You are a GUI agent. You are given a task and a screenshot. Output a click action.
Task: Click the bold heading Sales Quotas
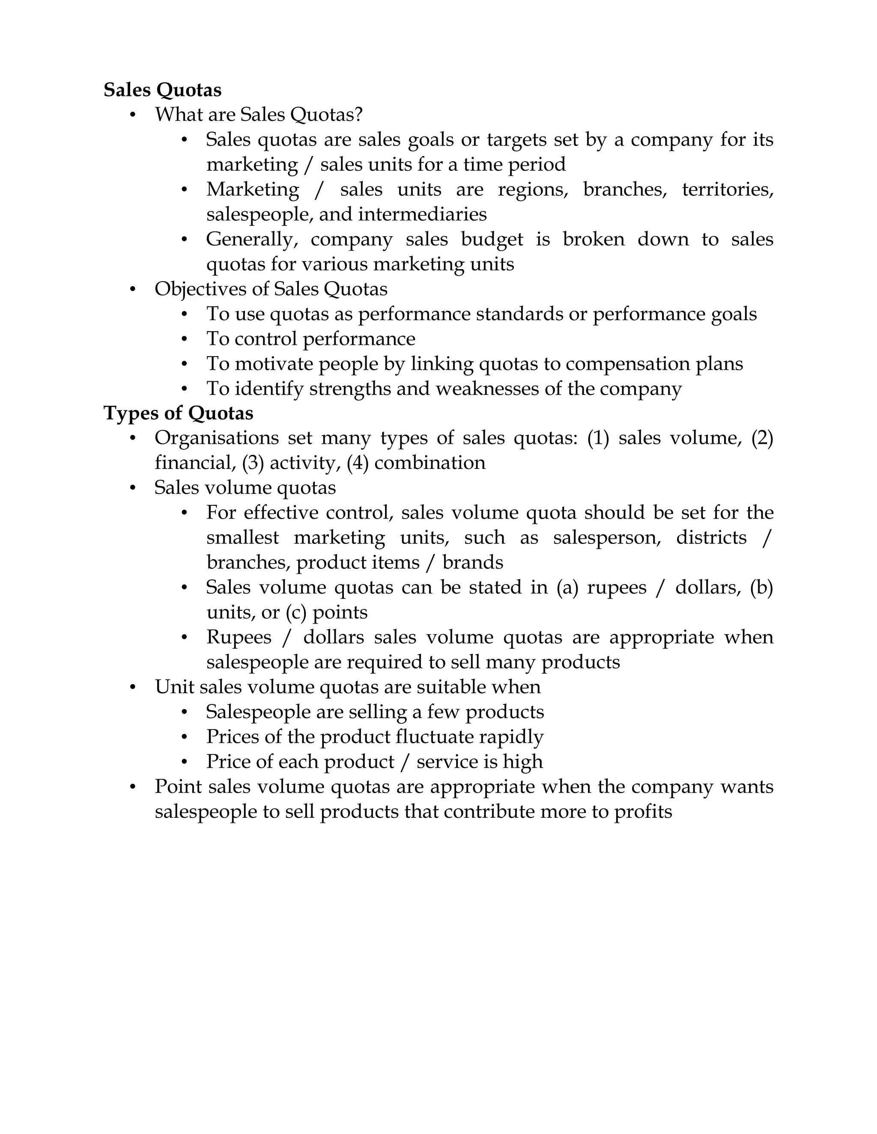point(162,90)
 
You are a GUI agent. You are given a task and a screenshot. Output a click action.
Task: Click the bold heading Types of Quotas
point(178,413)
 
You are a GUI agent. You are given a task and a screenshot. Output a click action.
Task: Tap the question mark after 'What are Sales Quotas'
point(358,114)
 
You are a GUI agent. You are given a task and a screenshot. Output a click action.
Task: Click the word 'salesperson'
point(607,537)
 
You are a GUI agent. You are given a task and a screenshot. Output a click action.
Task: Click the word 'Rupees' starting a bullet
point(239,637)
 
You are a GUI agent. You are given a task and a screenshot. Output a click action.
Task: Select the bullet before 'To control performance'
point(185,339)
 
